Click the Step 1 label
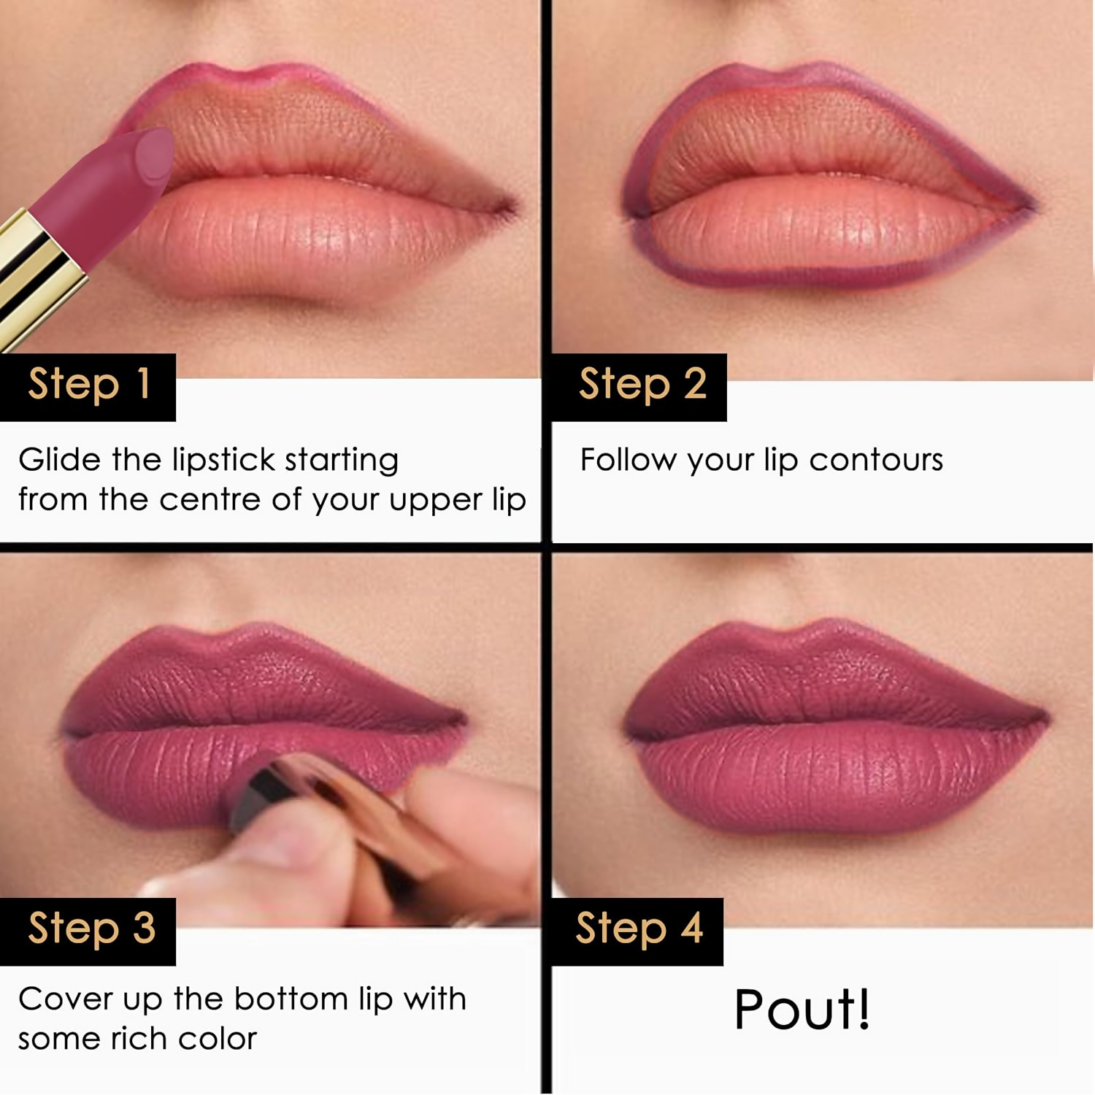click(88, 386)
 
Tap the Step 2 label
click(641, 386)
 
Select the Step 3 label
click(91, 930)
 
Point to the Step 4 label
click(638, 930)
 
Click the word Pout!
click(802, 1011)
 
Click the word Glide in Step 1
click(59, 461)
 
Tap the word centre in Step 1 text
click(210, 501)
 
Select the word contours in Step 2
click(875, 461)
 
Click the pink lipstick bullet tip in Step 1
click(150, 157)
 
